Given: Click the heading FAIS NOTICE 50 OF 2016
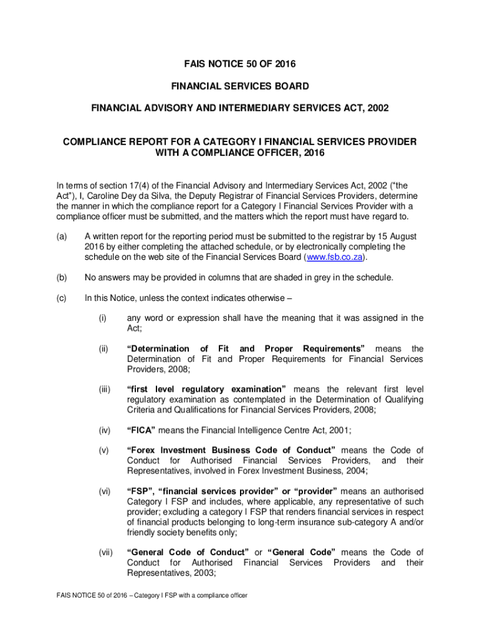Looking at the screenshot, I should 240,64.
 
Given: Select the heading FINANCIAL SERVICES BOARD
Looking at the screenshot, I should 240,86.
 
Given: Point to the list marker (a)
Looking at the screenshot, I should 61,237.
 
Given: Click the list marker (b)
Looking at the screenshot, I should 61,278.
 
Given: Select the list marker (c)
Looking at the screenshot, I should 61,298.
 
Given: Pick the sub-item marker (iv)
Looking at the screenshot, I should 104,429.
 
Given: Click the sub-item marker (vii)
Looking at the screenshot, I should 105,552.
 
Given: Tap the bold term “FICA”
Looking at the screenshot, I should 141,429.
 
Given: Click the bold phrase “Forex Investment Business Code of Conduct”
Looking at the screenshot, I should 231,450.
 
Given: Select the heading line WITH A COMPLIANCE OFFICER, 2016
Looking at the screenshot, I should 240,153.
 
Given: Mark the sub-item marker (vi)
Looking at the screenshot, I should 104,491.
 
